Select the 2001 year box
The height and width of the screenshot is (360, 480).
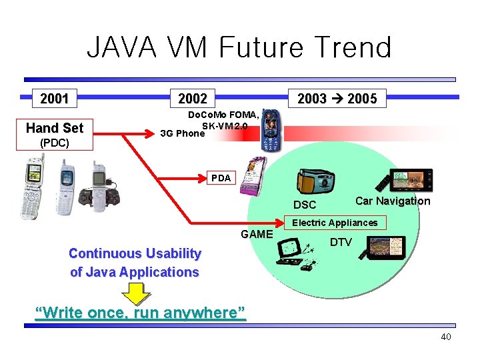point(55,99)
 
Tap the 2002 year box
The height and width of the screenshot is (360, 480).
point(193,99)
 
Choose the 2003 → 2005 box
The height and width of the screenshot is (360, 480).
point(337,99)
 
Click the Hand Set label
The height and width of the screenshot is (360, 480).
point(55,128)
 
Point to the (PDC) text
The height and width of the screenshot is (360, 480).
point(54,143)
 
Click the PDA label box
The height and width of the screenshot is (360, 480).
point(221,178)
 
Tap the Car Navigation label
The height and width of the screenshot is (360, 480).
point(393,201)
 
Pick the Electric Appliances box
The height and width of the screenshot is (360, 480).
point(335,223)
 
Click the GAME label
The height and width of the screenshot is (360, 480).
point(257,234)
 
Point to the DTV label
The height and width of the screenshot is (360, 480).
point(341,242)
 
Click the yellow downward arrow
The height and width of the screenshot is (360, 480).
point(137,293)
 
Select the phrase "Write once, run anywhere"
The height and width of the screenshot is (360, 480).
point(141,312)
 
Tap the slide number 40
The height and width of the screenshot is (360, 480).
point(445,337)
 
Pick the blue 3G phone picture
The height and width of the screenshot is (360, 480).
point(271,131)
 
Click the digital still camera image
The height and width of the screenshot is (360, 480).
point(315,179)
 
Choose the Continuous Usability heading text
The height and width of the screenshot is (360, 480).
point(135,253)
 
